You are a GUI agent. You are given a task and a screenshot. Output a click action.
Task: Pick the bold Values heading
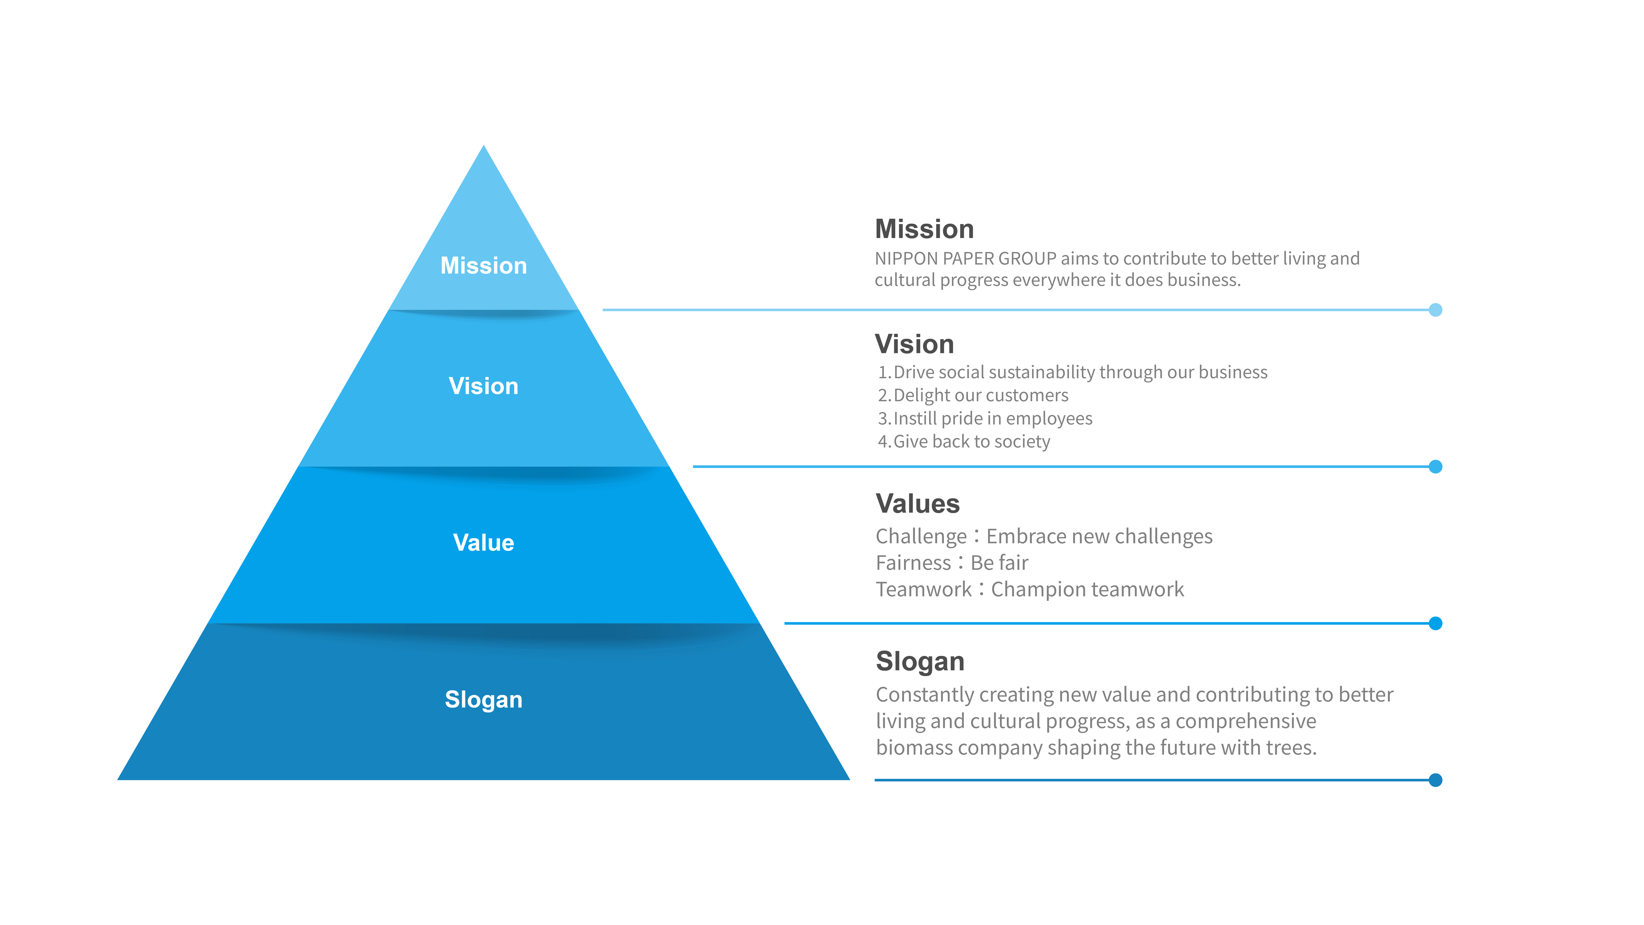(917, 504)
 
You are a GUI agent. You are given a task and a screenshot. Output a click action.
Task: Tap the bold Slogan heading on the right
(920, 661)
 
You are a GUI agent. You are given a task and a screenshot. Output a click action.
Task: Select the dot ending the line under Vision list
(1435, 467)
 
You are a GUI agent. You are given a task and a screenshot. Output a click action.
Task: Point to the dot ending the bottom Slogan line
(1435, 780)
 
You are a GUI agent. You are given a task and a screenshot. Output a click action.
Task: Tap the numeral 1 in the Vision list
(883, 372)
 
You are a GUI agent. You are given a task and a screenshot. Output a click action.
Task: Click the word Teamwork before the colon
(923, 589)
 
